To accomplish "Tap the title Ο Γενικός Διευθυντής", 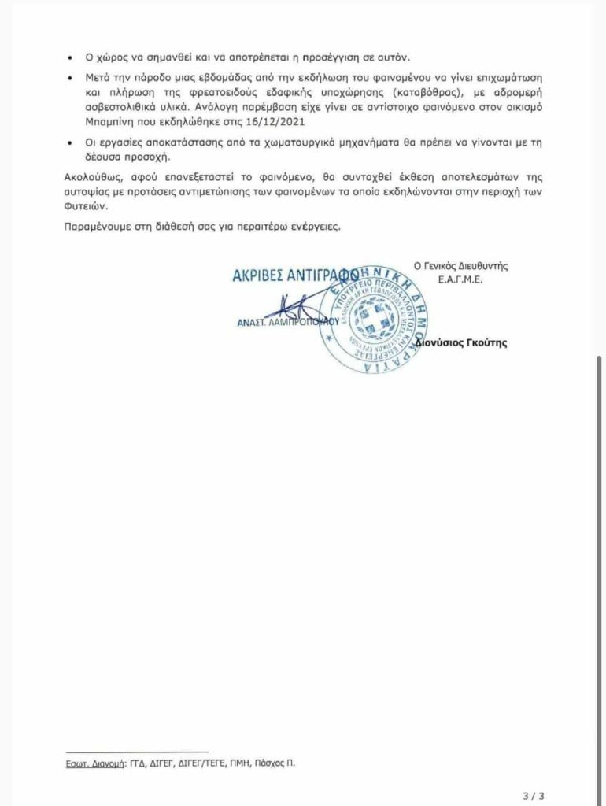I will click(461, 266).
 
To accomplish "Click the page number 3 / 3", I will click(534, 795).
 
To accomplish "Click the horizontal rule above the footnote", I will click(137, 752).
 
